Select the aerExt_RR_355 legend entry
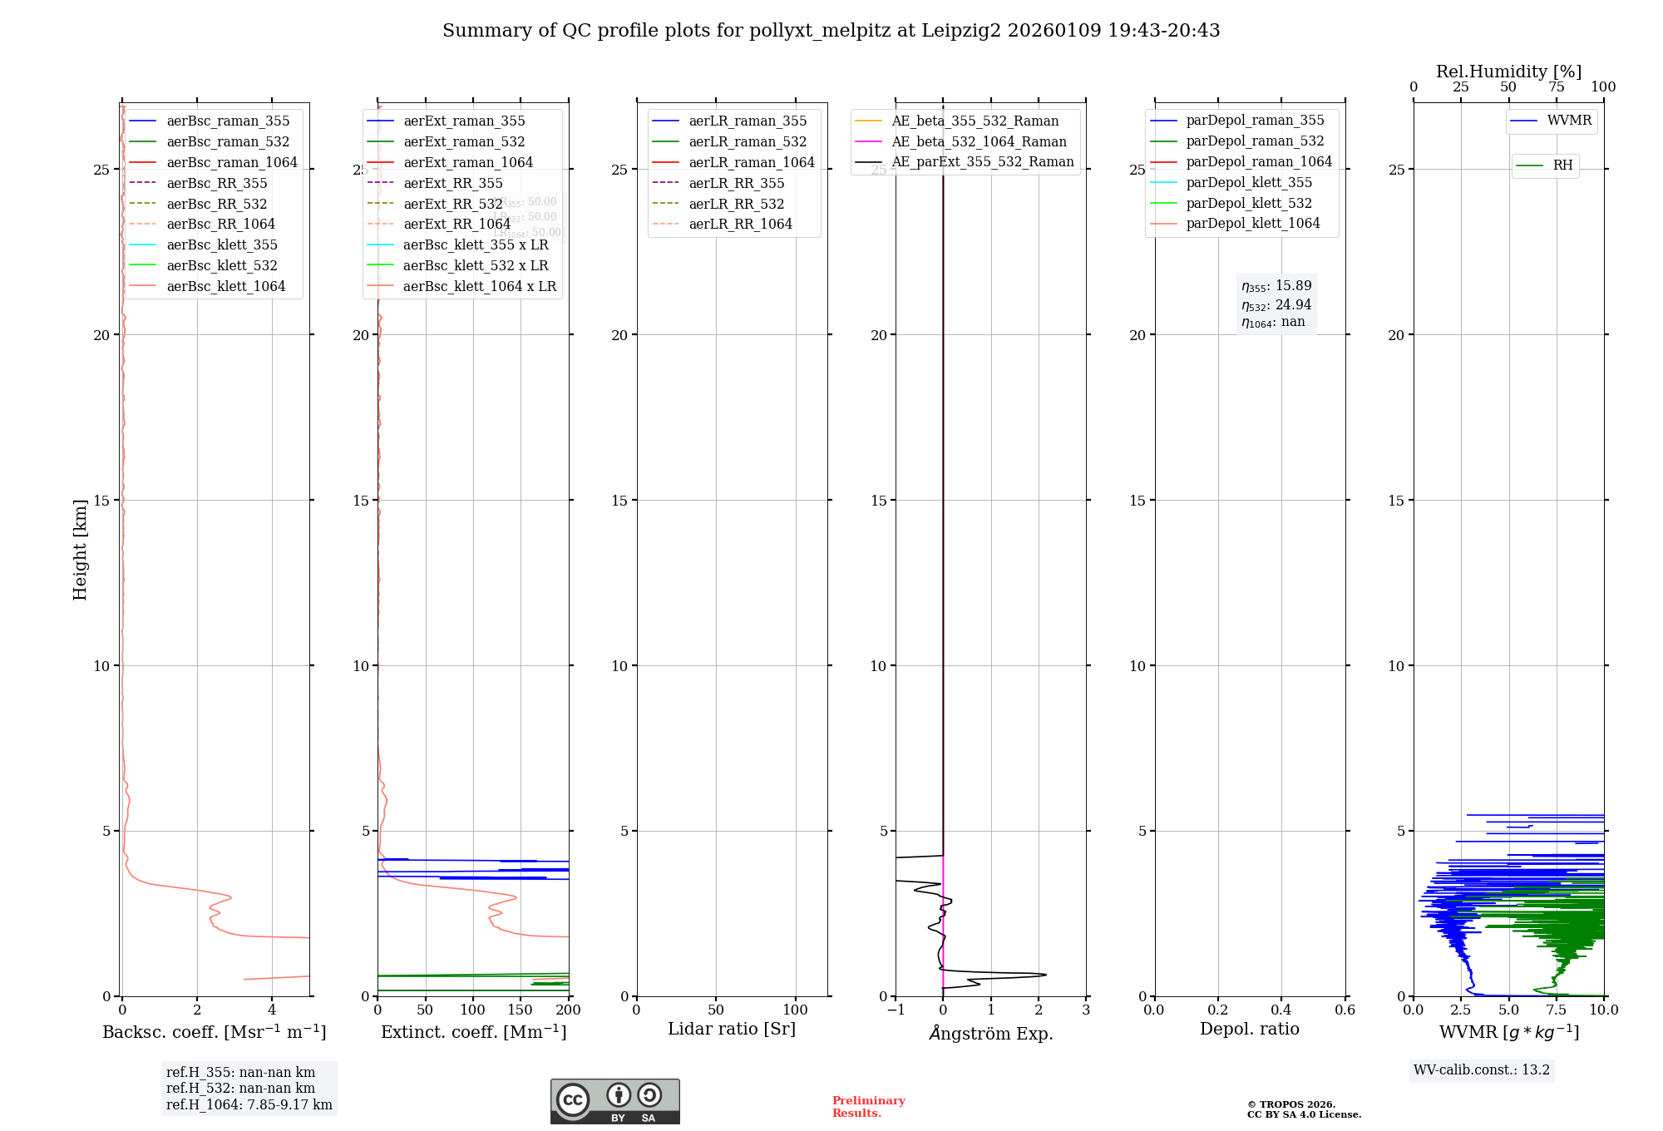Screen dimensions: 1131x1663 (x=453, y=183)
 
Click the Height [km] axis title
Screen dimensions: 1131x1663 (x=80, y=550)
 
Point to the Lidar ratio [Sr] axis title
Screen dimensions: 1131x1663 (x=732, y=1029)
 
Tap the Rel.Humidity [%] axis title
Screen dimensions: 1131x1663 (x=1508, y=72)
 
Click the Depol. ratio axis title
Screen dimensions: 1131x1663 (x=1249, y=1029)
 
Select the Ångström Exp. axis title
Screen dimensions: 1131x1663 (x=991, y=1033)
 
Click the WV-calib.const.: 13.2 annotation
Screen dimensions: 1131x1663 (x=1482, y=1069)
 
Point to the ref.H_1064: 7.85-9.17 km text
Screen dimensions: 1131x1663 (x=249, y=1104)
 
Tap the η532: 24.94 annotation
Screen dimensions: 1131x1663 (x=1276, y=304)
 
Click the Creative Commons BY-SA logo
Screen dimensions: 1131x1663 (x=614, y=1101)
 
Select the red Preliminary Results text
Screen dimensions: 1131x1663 (x=868, y=1107)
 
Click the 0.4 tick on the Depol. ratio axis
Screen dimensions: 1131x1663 (x=1281, y=1010)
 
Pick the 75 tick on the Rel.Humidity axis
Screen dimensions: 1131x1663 (x=1556, y=86)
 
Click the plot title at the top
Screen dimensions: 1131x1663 (x=831, y=31)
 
